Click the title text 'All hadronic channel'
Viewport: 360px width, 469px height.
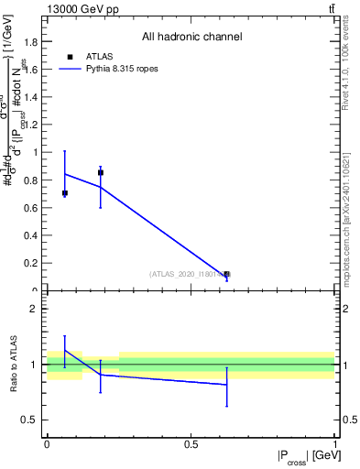pos(191,38)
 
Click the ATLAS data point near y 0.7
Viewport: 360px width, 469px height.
pos(64,193)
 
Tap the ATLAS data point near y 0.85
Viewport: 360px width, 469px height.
pos(101,172)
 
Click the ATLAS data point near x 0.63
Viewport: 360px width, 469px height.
pos(227,274)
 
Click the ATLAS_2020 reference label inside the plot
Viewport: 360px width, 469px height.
pos(188,274)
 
